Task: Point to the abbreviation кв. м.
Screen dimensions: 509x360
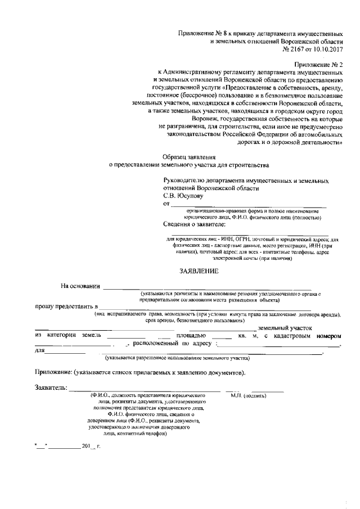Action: (x=249, y=336)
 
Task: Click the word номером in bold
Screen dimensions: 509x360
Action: (x=329, y=336)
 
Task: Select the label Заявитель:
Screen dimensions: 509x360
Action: (x=51, y=388)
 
